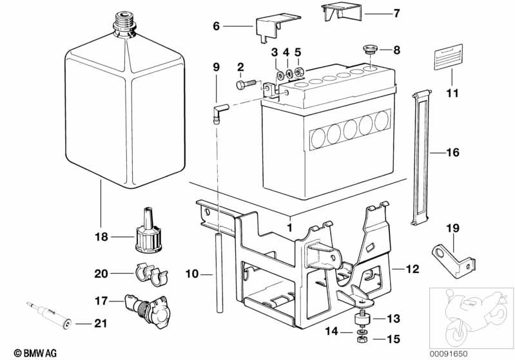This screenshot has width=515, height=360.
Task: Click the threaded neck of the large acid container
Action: click(x=125, y=24)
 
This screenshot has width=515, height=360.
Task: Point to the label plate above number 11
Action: click(x=449, y=57)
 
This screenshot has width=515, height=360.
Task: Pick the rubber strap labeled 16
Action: click(x=421, y=158)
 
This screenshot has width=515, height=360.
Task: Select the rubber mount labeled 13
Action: click(x=363, y=319)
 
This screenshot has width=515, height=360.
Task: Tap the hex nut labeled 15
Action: click(x=362, y=339)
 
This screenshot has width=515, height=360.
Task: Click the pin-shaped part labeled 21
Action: click(x=49, y=314)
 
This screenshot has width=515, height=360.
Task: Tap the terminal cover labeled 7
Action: click(x=342, y=12)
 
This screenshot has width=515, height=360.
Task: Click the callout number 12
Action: click(x=413, y=269)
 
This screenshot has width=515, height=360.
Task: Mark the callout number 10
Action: click(x=192, y=273)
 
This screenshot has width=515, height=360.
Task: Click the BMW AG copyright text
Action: click(x=35, y=353)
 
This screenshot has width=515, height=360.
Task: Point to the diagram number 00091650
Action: click(x=449, y=354)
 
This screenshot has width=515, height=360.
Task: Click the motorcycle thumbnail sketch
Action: click(x=472, y=318)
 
